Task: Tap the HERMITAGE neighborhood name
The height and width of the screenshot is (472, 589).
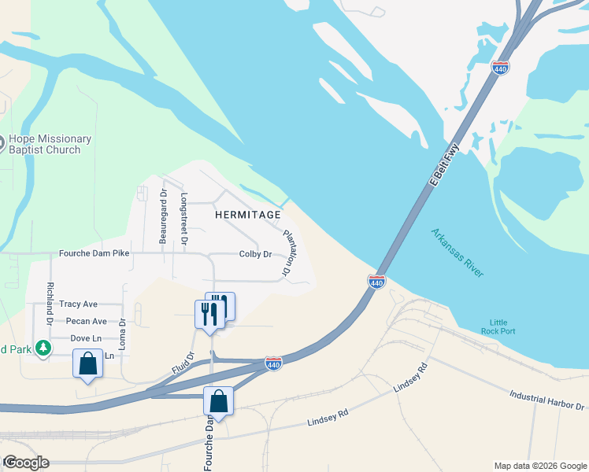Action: pos(248,214)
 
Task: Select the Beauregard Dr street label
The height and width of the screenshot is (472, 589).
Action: pos(163,216)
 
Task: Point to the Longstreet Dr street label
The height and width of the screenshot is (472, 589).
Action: pos(184,219)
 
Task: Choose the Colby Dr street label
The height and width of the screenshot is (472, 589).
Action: pos(255,254)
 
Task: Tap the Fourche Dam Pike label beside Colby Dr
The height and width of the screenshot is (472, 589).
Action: pos(94,254)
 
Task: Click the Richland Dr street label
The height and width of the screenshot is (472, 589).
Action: pos(49,304)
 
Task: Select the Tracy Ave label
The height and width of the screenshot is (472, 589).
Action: pos(78,304)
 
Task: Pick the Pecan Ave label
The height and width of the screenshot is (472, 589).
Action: pos(87,321)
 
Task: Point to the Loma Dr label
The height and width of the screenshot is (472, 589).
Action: pos(122,334)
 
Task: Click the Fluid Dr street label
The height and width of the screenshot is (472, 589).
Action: pos(182,363)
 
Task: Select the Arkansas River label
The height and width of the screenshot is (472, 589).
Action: pos(457,252)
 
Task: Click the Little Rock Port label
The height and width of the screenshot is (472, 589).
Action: pos(503,326)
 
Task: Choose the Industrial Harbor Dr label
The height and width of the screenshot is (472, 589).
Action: pos(548,400)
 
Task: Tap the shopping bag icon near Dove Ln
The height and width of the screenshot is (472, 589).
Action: pos(87,364)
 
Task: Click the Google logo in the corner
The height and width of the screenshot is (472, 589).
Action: pos(26,462)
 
